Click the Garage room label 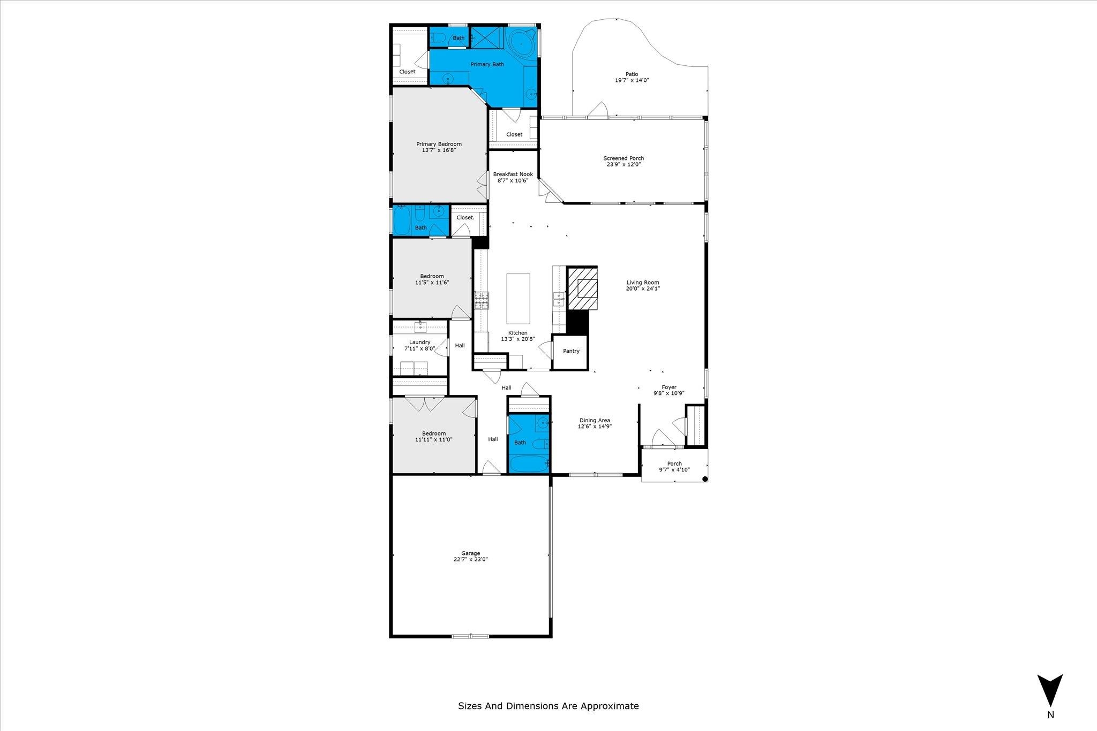coord(471,553)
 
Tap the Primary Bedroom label coord(439,144)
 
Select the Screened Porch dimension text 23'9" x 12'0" coord(623,164)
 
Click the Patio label coord(632,74)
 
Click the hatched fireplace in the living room coord(582,288)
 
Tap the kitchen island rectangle coord(518,299)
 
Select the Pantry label coord(571,351)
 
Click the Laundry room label coord(420,342)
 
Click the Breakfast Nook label coord(513,174)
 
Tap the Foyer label coord(669,387)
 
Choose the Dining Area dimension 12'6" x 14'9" coord(595,427)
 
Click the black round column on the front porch coord(705,479)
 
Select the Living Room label coord(643,283)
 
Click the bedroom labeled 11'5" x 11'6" coord(432,279)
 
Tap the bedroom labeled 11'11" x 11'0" coord(433,437)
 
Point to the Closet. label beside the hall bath coord(465,217)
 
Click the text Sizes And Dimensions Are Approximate coord(548,705)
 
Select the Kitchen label coord(517,333)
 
